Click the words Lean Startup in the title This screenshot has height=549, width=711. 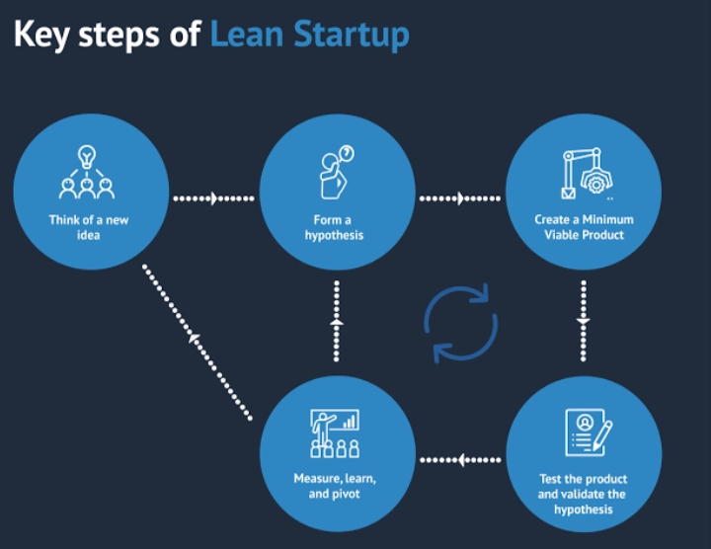(309, 35)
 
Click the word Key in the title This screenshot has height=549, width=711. (44, 35)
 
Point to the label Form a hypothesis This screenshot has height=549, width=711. (335, 227)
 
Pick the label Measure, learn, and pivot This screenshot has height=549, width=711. (335, 486)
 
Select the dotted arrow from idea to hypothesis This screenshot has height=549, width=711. (212, 198)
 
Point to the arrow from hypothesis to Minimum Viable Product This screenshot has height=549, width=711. (459, 198)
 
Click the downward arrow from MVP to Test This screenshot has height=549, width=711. (583, 321)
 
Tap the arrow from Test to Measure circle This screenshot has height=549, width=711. (459, 459)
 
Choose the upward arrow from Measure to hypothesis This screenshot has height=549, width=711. (336, 322)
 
